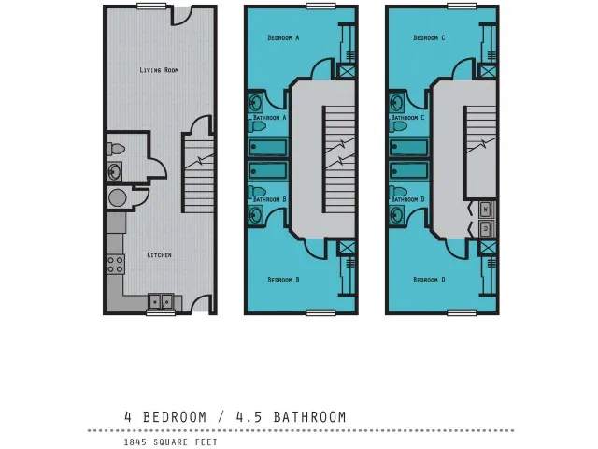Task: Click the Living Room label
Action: (159, 70)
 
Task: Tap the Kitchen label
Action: (159, 255)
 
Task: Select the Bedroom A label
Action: (283, 37)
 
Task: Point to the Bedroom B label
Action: (283, 280)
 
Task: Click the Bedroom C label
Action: (429, 37)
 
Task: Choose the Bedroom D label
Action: (429, 280)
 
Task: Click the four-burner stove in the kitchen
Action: (116, 264)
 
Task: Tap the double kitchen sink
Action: (161, 301)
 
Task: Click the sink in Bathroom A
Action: (256, 102)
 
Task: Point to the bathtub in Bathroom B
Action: (268, 170)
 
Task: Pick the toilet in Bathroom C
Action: (398, 126)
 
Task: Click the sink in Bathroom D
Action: (397, 216)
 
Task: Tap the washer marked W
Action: (486, 210)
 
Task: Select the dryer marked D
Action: (486, 228)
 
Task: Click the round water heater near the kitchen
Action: (117, 197)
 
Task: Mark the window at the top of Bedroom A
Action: (320, 6)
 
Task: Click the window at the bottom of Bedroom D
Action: (462, 313)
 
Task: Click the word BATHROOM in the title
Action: (309, 417)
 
